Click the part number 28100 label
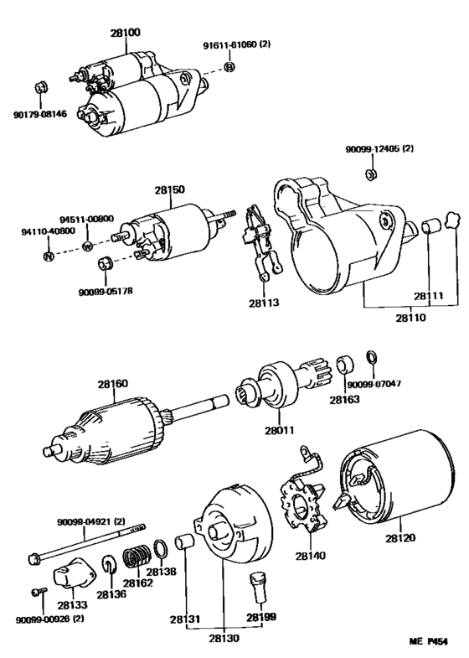126,33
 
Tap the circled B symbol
229,67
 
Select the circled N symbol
49,256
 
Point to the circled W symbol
87,246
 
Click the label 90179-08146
40,114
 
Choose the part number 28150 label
169,189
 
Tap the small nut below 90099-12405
370,174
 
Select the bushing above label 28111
430,225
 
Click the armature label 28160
113,384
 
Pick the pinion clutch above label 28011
285,383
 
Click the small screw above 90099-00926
39,592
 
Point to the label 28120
400,538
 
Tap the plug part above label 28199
257,586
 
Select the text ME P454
428,640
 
